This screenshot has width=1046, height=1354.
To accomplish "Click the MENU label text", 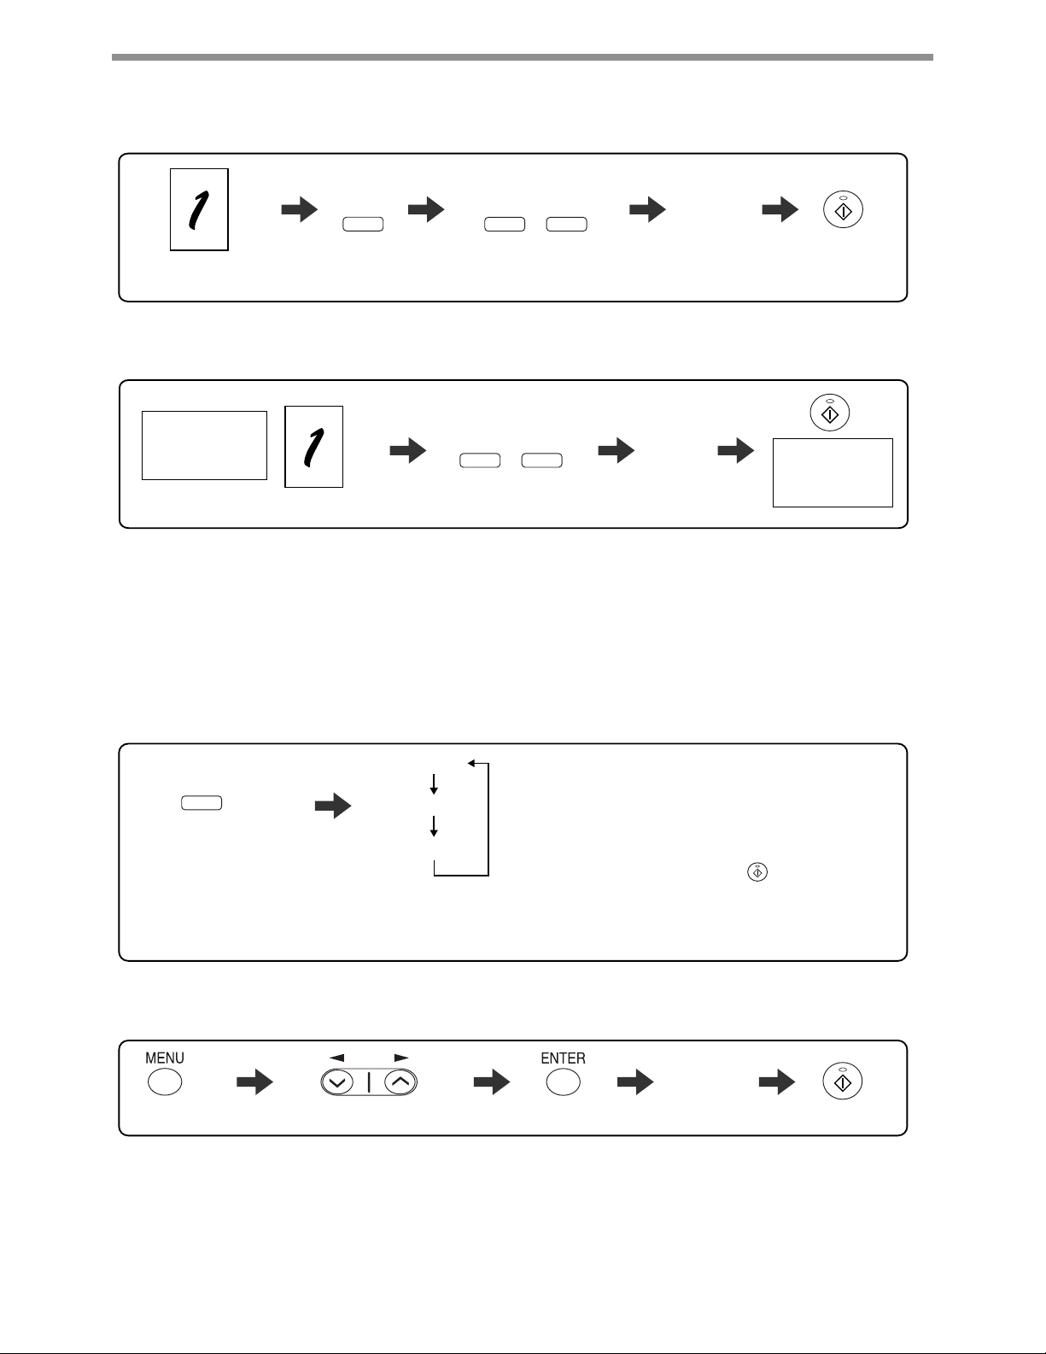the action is coord(164,1058).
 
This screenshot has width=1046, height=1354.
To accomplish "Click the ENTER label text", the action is coord(563,1058).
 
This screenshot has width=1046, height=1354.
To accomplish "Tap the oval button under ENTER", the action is coord(563,1082).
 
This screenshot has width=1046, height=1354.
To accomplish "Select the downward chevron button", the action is coord(337,1082).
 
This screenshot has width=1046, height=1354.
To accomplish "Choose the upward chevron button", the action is coord(400,1082).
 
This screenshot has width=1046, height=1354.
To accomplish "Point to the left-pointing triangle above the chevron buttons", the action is coord(336,1058).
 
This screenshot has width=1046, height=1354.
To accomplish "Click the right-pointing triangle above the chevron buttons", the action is coord(401,1058).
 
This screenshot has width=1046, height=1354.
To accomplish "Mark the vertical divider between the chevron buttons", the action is coord(369,1082).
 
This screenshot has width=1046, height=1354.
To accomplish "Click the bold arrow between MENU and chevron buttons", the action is coord(254,1082).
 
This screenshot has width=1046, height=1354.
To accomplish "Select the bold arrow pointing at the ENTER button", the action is coord(492,1082).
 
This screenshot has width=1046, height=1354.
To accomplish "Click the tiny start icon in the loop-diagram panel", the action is coord(757,872).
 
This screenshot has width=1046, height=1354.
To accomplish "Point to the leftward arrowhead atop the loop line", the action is coord(471,764).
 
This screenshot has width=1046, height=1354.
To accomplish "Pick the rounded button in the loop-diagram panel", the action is coord(202,803).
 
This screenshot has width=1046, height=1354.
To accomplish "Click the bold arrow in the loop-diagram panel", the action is coord(333,806).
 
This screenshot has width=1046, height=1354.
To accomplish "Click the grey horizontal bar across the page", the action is coord(523,57).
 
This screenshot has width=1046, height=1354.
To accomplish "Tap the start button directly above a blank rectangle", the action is coord(830,413).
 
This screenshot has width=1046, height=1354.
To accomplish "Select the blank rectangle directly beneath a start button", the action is coord(833,473).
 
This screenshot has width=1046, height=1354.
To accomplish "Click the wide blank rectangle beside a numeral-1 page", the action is coord(204,446).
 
